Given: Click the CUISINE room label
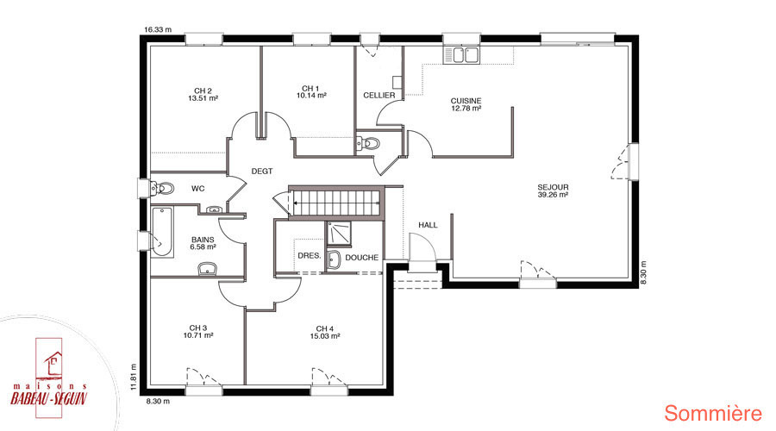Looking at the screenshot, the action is pos(466,101).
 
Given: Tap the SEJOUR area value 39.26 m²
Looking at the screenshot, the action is pos(553,195).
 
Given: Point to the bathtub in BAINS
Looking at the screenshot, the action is pos(162,232).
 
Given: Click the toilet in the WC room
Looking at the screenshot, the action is pos(162,189).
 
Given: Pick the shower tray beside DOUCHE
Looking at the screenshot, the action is pos(339,234).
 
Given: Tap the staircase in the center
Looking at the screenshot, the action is pos(336,203).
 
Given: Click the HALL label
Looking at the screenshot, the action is pos(428,225).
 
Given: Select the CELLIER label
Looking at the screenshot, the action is pos(379,95).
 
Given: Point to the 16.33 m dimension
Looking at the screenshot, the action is pos(158,29).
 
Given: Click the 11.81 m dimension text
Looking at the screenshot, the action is pos(133,378).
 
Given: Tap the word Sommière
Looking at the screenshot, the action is pos(713,413).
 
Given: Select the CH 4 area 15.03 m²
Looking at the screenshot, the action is pos(325,336).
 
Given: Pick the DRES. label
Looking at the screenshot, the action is pos(310,256).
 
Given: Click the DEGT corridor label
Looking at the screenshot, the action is pos(262,172).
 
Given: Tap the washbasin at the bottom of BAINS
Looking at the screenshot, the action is pos(207,269).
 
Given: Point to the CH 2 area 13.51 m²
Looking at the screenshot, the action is pos(203,98).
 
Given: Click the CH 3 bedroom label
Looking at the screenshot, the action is pos(198,328).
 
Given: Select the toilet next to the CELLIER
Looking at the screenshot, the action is pos(366,143).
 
